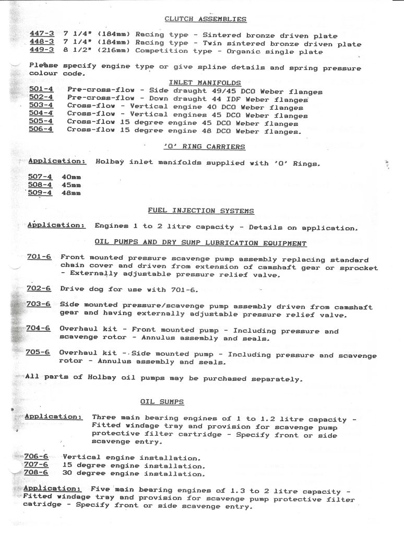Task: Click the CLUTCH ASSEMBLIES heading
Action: [205, 19]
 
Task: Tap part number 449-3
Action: [42, 50]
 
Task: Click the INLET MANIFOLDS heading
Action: [205, 83]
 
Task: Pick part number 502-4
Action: [41, 98]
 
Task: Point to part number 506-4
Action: [41, 130]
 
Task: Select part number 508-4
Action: [40, 184]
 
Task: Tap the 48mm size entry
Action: [71, 192]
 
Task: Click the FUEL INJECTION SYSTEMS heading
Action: [201, 211]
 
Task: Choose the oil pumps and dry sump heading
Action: [200, 243]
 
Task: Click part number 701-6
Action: [39, 257]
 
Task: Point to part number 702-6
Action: [39, 288]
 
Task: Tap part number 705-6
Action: [38, 353]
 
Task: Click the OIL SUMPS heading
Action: [162, 402]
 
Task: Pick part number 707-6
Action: [36, 464]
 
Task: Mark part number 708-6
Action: [36, 473]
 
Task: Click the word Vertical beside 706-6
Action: [80, 457]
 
